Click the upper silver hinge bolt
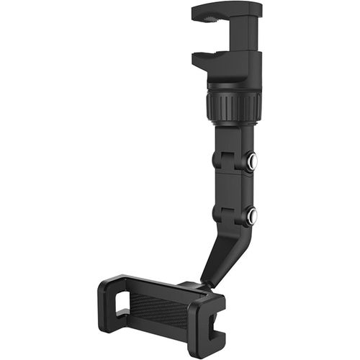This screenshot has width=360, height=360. [x=251, y=161]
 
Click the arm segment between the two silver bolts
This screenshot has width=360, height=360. [x=232, y=189]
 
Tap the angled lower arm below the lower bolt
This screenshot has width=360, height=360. [x=223, y=252]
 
